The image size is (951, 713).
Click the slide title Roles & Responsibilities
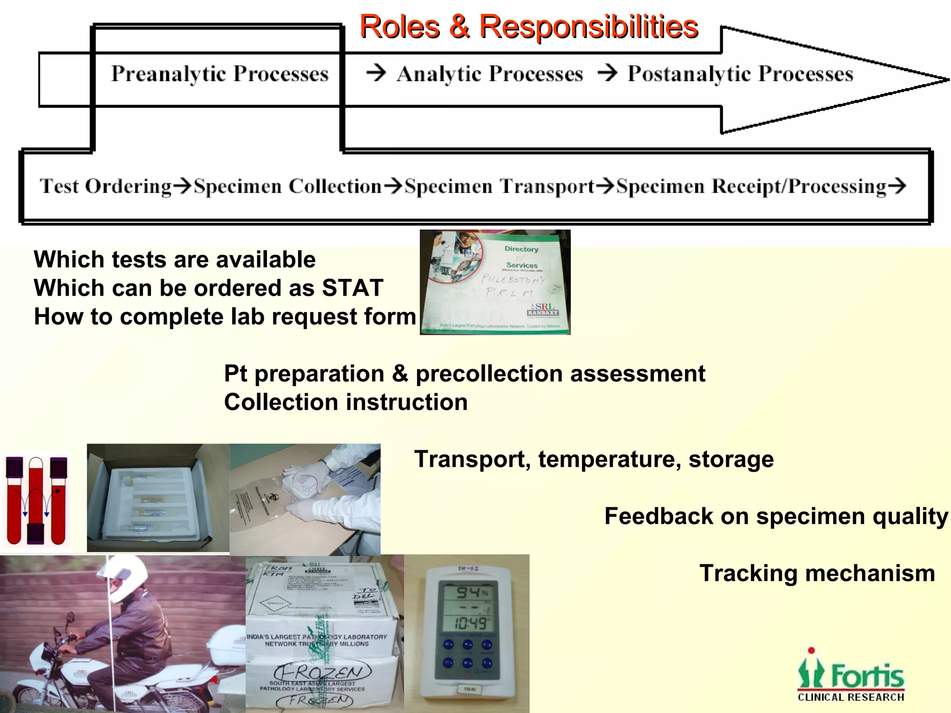click(528, 26)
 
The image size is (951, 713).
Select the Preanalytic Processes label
click(220, 74)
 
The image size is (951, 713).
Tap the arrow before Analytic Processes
click(376, 73)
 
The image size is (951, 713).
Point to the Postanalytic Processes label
click(740, 74)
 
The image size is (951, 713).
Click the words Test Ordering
click(105, 187)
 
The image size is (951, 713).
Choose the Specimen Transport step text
click(499, 187)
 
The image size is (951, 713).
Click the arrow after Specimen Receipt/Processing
click(897, 186)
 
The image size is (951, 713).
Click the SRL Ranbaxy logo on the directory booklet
click(542, 310)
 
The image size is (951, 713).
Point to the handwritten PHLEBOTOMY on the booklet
click(513, 279)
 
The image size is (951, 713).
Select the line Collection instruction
click(345, 402)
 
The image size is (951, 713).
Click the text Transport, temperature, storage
click(594, 460)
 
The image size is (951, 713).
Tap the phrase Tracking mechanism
click(817, 573)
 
